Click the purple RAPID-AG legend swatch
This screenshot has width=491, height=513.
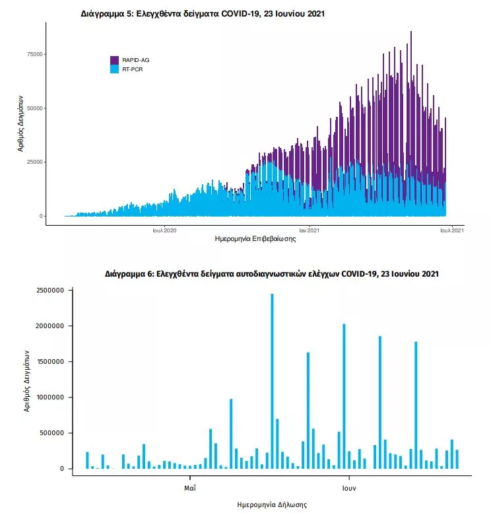pos(114,60)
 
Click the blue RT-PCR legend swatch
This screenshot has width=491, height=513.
pos(114,68)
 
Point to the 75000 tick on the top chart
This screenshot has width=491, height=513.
pos(34,54)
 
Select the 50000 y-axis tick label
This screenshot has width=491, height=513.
pos(34,108)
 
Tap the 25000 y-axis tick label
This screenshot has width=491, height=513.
pos(34,162)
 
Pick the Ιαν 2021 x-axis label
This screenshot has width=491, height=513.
pos(309,230)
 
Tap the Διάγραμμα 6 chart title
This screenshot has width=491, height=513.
pos(271,273)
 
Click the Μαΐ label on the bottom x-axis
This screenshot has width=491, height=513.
pos(190,489)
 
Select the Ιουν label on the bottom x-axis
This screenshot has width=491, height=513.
pos(349,489)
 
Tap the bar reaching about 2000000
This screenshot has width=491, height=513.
pos(344,396)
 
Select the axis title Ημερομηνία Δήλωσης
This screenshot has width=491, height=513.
pos(271,504)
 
